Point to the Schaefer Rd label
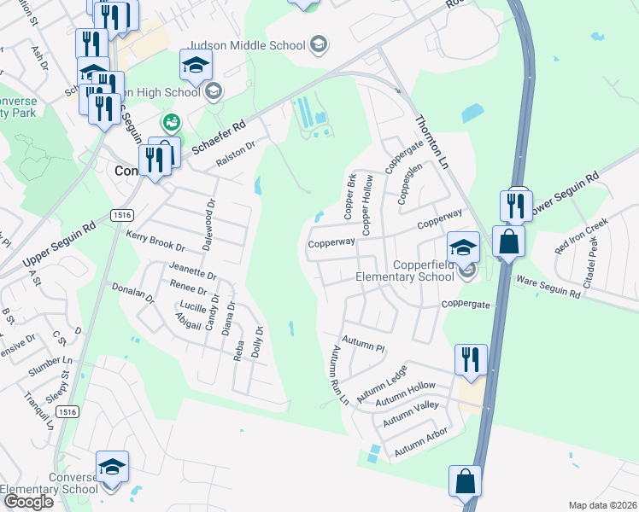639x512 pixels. tap(217, 135)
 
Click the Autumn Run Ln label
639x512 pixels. tap(337, 373)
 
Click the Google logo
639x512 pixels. tap(27, 502)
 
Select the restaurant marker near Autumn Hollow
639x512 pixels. tap(470, 359)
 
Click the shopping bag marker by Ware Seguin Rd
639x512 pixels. tap(508, 241)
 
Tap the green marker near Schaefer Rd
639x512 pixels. tap(172, 123)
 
